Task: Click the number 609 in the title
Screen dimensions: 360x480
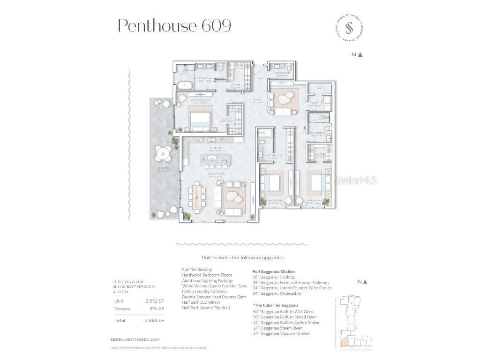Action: point(217,25)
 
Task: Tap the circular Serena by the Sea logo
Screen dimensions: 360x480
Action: point(349,28)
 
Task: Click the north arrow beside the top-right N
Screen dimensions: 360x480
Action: point(360,54)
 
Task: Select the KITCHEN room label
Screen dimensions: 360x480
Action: point(216,148)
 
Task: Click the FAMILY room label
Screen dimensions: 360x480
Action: point(256,100)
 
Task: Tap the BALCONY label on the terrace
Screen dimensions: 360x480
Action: point(164,168)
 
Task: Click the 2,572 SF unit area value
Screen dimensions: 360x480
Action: point(155,301)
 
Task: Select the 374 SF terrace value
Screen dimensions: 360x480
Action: point(157,309)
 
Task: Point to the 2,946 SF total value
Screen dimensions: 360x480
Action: point(155,321)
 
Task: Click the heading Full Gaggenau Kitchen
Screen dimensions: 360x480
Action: point(274,271)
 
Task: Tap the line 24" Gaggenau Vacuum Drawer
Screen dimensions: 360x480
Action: point(281,334)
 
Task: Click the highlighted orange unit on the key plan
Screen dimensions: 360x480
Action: point(345,342)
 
